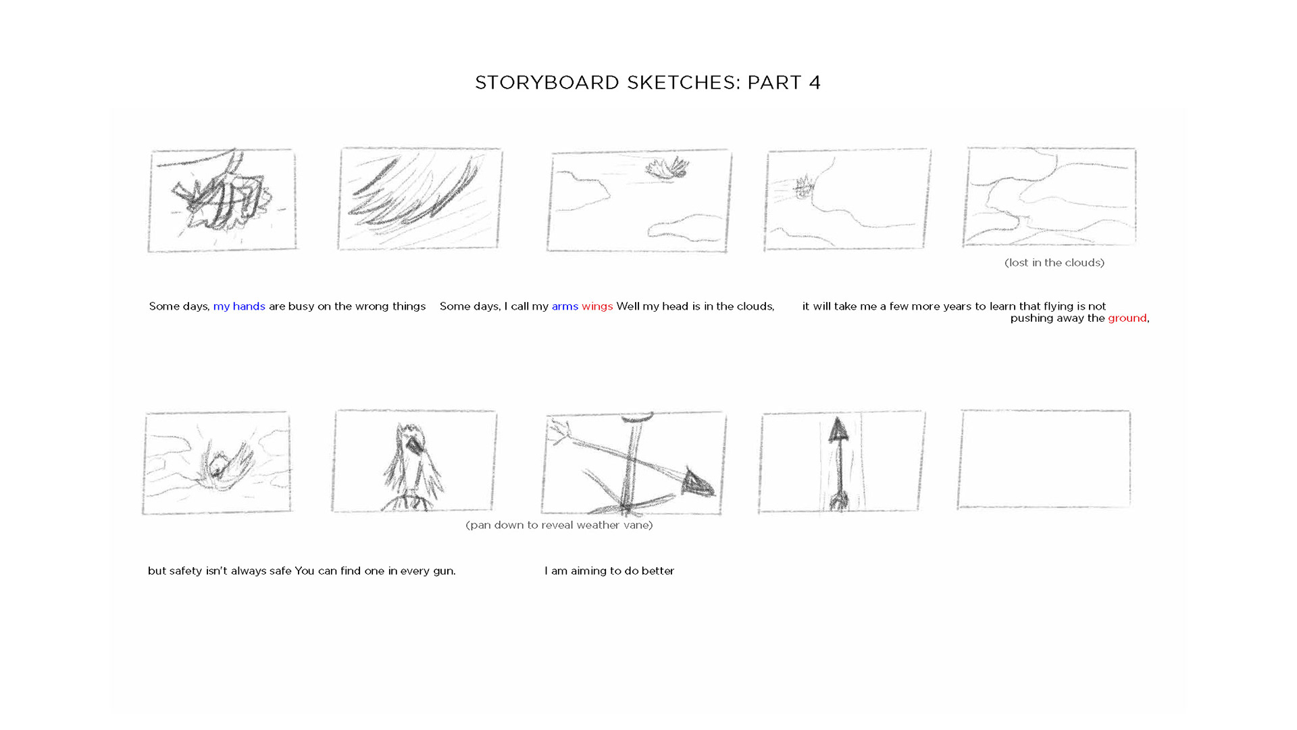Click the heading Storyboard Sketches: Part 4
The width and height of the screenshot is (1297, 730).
pyautogui.click(x=648, y=82)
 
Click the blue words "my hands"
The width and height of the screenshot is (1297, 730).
pyautogui.click(x=239, y=306)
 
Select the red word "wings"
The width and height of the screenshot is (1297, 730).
pyautogui.click(x=597, y=306)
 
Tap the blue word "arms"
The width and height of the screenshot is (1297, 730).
pyautogui.click(x=565, y=306)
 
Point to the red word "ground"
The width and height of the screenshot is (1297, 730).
pyautogui.click(x=1127, y=318)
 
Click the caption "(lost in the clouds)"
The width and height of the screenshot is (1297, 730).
pyautogui.click(x=1054, y=263)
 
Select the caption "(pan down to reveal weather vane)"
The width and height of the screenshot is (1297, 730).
pyautogui.click(x=559, y=525)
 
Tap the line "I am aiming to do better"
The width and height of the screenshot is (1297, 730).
pyautogui.click(x=609, y=571)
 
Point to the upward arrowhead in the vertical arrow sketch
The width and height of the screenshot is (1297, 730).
pyautogui.click(x=838, y=429)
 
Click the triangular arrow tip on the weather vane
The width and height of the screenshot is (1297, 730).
pyautogui.click(x=698, y=481)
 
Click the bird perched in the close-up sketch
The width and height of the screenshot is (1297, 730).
pyautogui.click(x=413, y=466)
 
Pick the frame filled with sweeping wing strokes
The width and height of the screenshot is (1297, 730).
pyautogui.click(x=419, y=198)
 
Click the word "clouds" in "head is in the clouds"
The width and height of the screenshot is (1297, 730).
pyautogui.click(x=755, y=306)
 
